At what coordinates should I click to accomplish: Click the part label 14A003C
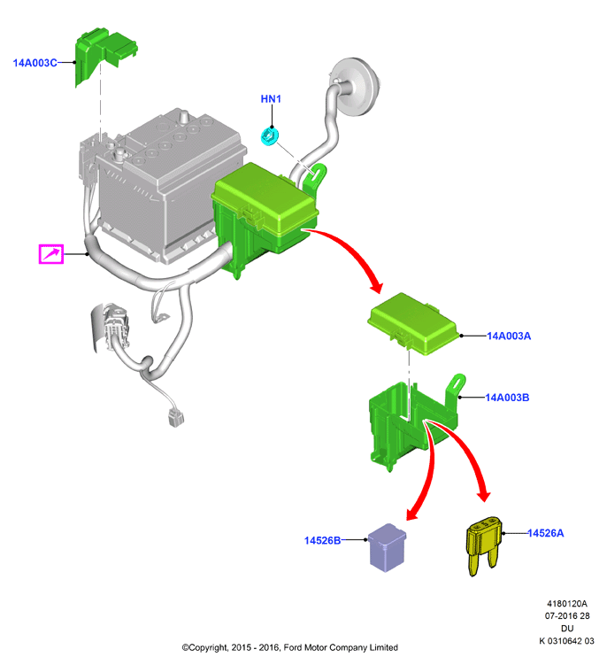pyautogui.click(x=35, y=63)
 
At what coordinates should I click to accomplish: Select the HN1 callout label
pyautogui.click(x=271, y=99)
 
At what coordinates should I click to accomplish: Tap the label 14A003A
pyautogui.click(x=509, y=336)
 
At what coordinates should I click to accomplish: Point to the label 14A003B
pyautogui.click(x=507, y=398)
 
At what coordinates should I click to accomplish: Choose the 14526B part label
pyautogui.click(x=323, y=540)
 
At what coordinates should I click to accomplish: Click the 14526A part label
pyautogui.click(x=546, y=533)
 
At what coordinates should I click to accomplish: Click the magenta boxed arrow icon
pyautogui.click(x=51, y=254)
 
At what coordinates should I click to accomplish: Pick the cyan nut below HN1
pyautogui.click(x=269, y=135)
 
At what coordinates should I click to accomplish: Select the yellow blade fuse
pyautogui.click(x=484, y=545)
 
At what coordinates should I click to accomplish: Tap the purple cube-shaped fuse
pyautogui.click(x=387, y=547)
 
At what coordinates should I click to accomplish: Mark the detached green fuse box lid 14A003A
pyautogui.click(x=413, y=323)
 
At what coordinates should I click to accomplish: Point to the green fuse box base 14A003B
pyautogui.click(x=413, y=424)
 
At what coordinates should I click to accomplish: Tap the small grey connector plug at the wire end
pyautogui.click(x=175, y=417)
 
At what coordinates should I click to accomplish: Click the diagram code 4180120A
pyautogui.click(x=566, y=604)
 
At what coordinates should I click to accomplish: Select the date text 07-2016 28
pyautogui.click(x=567, y=615)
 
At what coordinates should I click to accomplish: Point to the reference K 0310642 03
pyautogui.click(x=566, y=641)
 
